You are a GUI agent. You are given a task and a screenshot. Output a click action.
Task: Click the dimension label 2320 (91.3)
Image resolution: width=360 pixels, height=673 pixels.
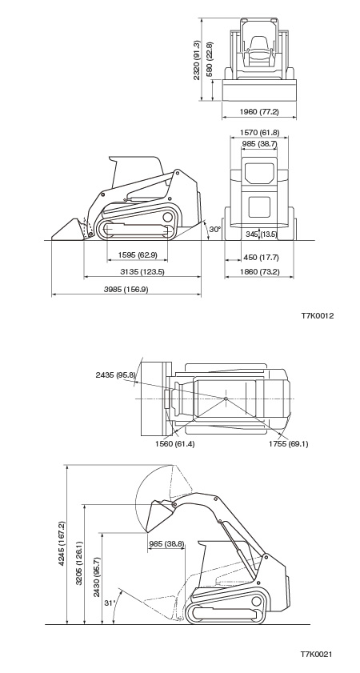[197, 60]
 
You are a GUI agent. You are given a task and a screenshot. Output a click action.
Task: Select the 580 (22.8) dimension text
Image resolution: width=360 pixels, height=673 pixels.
[210, 58]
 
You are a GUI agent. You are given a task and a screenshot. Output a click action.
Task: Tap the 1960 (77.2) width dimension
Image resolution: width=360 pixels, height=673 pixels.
[259, 111]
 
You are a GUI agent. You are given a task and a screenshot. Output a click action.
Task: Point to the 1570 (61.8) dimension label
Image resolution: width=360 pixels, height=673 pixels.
[259, 133]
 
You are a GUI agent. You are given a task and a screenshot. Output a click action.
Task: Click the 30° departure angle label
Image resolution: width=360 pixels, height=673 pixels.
[215, 229]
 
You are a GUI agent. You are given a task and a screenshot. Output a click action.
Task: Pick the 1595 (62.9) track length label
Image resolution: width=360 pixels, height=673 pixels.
[138, 255]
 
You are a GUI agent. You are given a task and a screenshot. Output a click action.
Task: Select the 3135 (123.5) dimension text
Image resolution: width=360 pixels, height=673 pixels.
[142, 272]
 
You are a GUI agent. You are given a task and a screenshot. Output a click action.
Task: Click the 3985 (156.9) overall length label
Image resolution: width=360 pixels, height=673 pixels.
[126, 290]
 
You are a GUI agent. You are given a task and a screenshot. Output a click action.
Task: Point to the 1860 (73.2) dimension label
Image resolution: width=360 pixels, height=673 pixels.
[259, 272]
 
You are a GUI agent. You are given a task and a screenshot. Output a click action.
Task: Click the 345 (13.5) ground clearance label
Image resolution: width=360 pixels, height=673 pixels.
[262, 234]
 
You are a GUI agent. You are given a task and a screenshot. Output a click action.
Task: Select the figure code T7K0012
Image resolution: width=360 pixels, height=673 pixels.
[317, 316]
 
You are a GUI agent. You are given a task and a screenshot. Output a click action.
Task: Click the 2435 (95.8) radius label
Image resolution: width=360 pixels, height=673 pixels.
[115, 375]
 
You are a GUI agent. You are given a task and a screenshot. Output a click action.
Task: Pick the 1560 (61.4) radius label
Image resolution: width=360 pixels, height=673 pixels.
[174, 444]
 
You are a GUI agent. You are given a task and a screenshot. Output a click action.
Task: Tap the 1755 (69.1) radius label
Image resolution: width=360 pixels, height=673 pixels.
[288, 444]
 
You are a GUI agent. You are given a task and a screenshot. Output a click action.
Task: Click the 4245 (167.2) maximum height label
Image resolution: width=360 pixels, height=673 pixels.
[62, 543]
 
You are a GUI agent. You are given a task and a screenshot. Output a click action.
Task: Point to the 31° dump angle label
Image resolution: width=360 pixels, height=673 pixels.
[110, 603]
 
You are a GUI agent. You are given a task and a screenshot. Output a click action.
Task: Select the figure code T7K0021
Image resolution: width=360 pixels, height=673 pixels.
[316, 654]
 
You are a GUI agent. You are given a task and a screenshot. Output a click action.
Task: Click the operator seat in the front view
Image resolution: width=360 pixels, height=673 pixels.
[258, 47]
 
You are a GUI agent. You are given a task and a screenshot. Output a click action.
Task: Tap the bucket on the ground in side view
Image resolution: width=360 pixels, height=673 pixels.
[69, 230]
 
